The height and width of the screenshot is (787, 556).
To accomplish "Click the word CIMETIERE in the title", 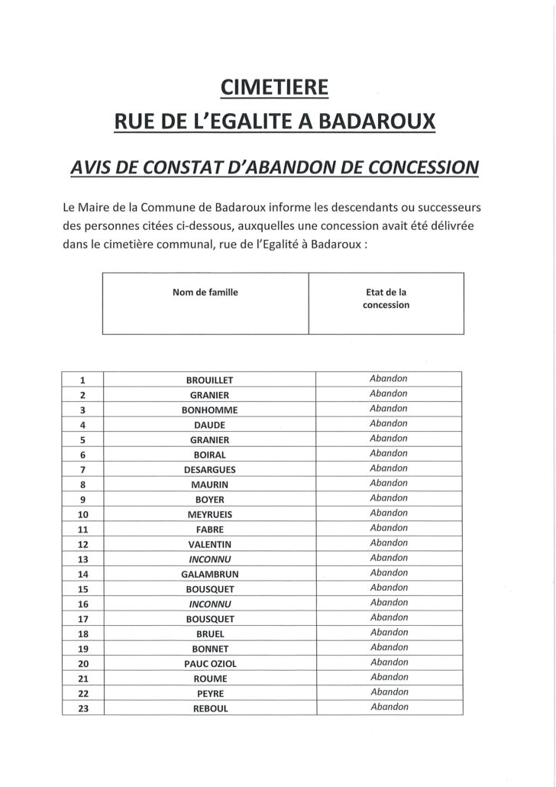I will point(275,89).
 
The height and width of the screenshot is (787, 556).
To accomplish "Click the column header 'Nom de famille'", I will point(205,291).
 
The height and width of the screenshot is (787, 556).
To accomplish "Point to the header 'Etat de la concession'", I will point(386,298).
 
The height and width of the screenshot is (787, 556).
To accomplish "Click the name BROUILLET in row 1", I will point(209,380).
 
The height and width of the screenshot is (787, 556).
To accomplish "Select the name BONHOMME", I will point(209,410).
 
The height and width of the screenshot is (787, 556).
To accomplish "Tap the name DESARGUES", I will point(209,469).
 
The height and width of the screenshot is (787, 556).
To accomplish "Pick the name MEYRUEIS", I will point(209,514).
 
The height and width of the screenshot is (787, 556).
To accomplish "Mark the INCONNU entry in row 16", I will point(209,604).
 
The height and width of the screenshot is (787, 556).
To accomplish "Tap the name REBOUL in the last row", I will point(209,708).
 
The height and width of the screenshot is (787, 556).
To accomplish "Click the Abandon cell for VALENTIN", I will point(388,543).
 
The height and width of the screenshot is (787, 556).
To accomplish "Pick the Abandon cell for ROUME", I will point(388,678).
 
